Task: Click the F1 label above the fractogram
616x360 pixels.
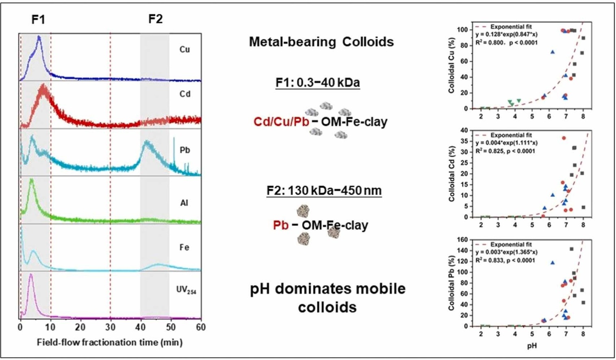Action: coord(39,19)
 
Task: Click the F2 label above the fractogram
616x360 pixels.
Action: coord(155,19)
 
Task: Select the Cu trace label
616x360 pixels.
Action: coord(184,50)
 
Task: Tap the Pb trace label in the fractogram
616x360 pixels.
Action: coord(185,150)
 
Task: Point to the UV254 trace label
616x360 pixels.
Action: coord(186,290)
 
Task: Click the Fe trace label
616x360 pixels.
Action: coord(184,247)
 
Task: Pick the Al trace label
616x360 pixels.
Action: coord(184,203)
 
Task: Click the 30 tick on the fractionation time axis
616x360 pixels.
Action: coord(110,327)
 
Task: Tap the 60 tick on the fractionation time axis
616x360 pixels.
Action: coord(200,327)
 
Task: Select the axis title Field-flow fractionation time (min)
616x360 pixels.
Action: coord(110,343)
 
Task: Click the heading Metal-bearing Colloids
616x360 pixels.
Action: coord(321,42)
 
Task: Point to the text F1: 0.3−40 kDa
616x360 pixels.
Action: coord(318,82)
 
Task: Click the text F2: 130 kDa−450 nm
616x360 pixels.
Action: coord(324,190)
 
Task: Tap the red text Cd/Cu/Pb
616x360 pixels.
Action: coord(281,121)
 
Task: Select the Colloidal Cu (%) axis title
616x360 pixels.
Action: coord(451,66)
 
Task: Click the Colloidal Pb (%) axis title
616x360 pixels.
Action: coord(451,283)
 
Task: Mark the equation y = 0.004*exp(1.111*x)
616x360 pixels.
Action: coord(506,143)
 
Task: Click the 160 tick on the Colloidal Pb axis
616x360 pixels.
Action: coord(462,240)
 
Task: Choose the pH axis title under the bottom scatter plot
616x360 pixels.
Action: coord(532,346)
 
